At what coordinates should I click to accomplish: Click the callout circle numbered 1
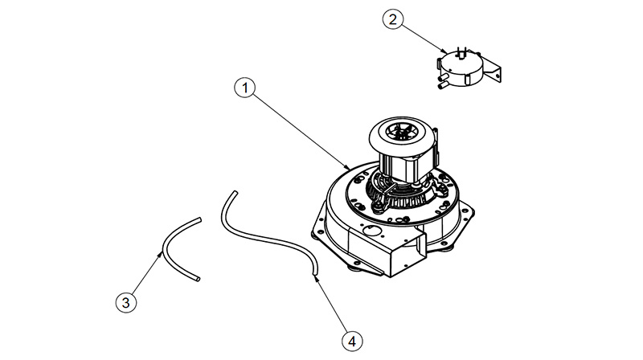245,88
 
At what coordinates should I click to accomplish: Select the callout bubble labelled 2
393,19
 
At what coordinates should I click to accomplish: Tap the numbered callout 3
126,303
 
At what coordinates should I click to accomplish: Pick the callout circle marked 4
352,341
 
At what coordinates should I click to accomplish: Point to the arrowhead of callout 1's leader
347,167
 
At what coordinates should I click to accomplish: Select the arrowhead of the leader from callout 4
315,277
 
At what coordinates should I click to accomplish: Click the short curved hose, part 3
164,248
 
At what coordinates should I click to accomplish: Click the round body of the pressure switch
460,70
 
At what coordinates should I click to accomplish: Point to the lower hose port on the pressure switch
443,85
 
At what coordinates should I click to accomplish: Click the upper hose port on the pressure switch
443,76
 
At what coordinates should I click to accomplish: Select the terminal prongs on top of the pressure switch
461,52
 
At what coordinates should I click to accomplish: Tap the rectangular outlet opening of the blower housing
420,247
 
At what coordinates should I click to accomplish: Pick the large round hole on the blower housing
372,231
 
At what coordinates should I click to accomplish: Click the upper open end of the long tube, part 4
235,192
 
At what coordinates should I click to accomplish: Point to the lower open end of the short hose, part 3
198,279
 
